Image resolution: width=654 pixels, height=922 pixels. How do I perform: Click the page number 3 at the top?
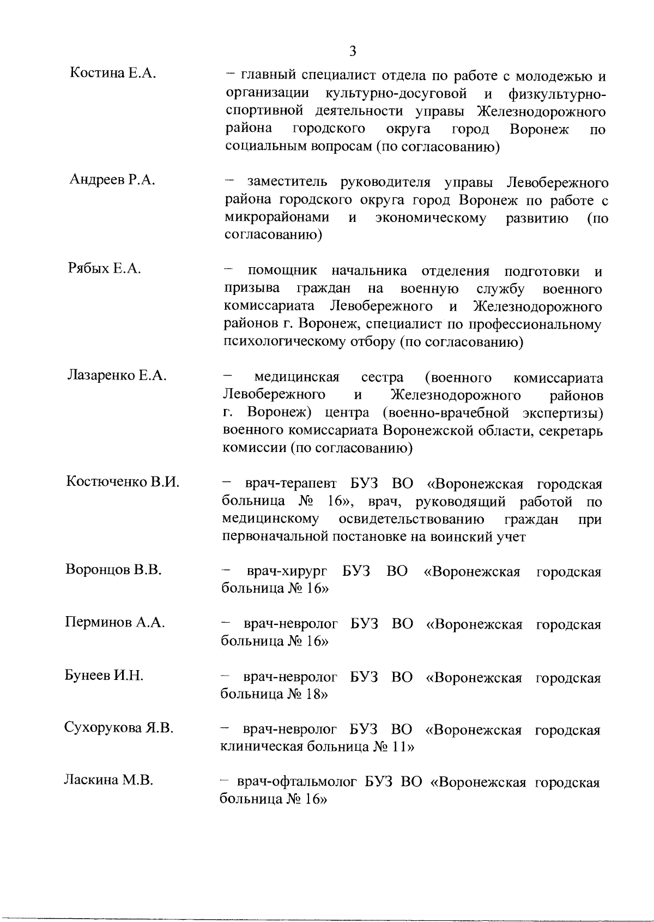(353, 51)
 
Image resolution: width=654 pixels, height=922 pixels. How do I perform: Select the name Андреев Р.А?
(112, 180)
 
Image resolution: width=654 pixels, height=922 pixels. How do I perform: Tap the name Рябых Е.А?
(105, 268)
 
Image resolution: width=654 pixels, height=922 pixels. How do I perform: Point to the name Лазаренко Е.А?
(116, 375)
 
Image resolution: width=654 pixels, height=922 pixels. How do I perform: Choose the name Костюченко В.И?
(123, 482)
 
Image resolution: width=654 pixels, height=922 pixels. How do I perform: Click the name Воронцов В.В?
(113, 570)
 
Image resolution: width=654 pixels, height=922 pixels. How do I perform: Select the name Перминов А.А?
(114, 623)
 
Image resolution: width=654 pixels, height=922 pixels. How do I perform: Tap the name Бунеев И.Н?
(104, 676)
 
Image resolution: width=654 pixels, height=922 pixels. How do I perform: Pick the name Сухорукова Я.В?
(118, 728)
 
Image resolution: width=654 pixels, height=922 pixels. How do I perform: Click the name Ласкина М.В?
(108, 780)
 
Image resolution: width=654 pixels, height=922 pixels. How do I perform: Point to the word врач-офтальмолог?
(297, 783)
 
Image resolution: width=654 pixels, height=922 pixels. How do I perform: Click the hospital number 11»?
(403, 746)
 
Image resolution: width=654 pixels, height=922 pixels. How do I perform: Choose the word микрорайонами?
(277, 218)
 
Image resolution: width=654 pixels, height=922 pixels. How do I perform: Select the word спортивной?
(264, 112)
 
